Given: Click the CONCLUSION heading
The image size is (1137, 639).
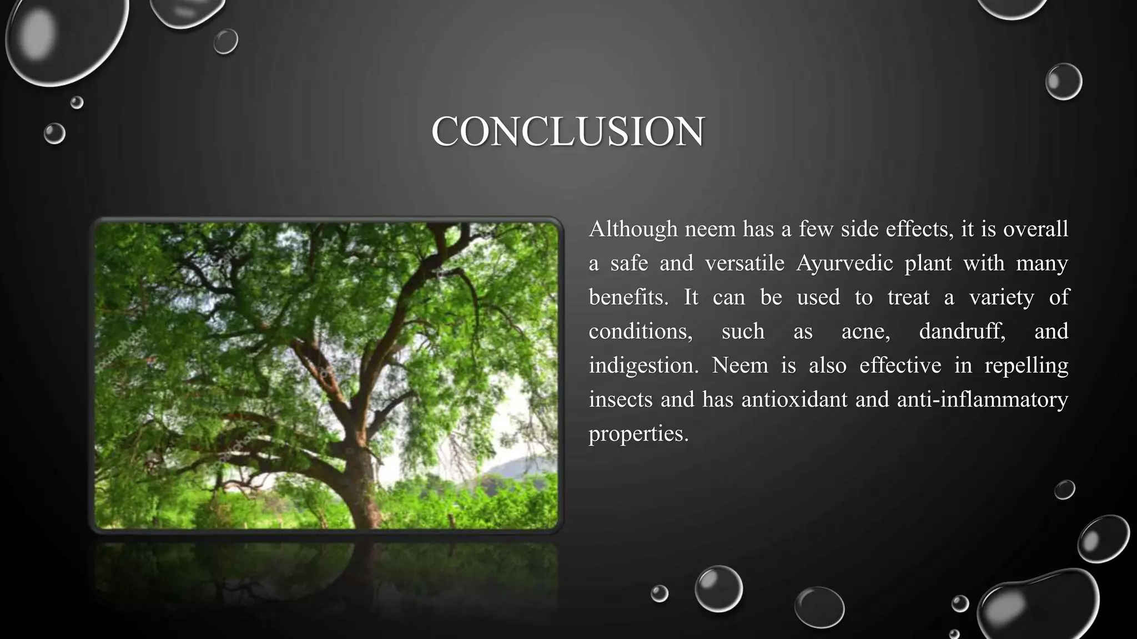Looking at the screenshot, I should point(568,132).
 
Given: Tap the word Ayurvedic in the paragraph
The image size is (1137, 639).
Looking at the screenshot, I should point(844,263).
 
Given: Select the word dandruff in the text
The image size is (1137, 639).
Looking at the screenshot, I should point(962,332).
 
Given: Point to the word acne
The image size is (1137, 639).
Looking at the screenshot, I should point(865,332).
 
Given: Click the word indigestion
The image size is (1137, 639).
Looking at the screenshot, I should point(643,366).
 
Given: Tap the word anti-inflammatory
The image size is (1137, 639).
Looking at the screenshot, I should point(982,400).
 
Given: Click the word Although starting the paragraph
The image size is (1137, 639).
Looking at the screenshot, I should point(633,229).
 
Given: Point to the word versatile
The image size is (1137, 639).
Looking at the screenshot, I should point(744,263).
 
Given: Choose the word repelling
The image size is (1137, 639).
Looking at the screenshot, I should point(1026,366).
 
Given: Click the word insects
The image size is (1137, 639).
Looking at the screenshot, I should point(620,400).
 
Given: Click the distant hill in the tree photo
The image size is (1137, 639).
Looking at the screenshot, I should point(519,469).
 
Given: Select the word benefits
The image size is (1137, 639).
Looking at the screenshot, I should point(628,298).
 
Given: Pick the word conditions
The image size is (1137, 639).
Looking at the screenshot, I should point(640,332).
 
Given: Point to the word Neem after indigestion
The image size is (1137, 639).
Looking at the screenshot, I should point(739,366).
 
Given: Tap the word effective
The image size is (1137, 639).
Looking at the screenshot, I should point(900,366).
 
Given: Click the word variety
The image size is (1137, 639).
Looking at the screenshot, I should point(1001,298).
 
